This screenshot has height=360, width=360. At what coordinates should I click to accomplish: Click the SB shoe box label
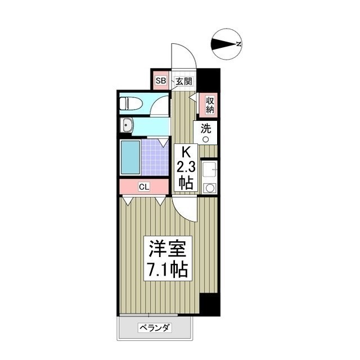coord(161,81)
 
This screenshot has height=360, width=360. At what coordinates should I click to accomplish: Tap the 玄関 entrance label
coord(183,81)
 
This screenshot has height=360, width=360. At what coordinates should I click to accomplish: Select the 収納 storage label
coord(210,105)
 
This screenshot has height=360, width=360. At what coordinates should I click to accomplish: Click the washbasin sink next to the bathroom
coord(127,125)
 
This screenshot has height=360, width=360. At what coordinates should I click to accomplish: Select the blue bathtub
coord(130,158)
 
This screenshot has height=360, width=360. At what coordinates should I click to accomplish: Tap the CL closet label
coord(144,187)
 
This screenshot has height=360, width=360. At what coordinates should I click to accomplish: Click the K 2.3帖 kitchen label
coord(186,166)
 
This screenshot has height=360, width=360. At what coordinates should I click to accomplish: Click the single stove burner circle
coord(210,188)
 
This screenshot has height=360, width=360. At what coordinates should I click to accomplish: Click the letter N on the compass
coord(239,44)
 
